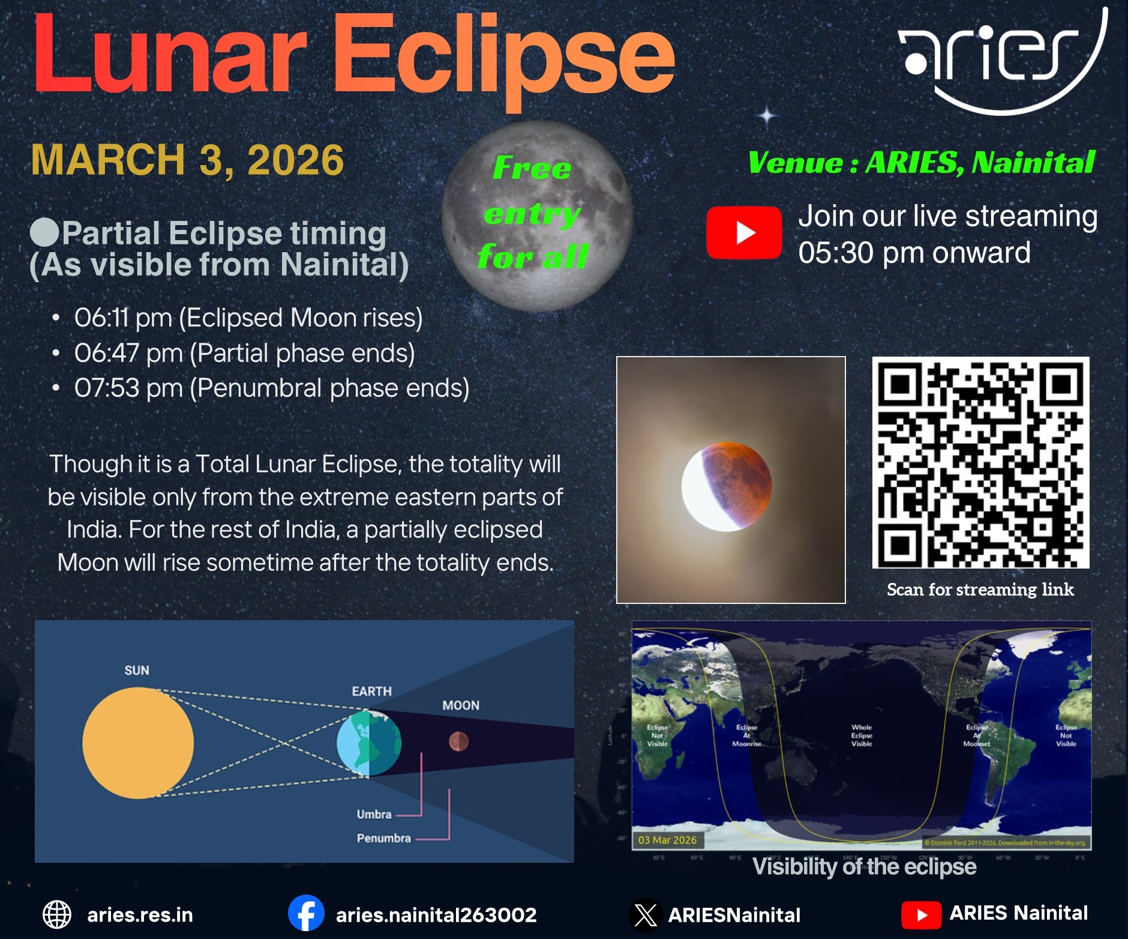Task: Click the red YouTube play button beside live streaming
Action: pos(744,232)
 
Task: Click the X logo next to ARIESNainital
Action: pos(646,915)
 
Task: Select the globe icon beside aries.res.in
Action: pos(57,914)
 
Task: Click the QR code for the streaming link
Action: pos(980,462)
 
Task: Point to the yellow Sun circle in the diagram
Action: pos(138,743)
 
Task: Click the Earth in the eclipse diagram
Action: pos(368,743)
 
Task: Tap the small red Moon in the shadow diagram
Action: pos(459,741)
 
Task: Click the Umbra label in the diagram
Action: pos(374,814)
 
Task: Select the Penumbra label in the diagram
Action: pos(383,838)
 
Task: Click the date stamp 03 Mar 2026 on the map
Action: pos(667,840)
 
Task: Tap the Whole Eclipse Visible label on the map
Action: pos(862,735)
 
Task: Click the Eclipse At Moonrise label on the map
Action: pos(746,735)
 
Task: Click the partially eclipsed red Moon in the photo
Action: pos(727,486)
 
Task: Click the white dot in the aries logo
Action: pos(916,62)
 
